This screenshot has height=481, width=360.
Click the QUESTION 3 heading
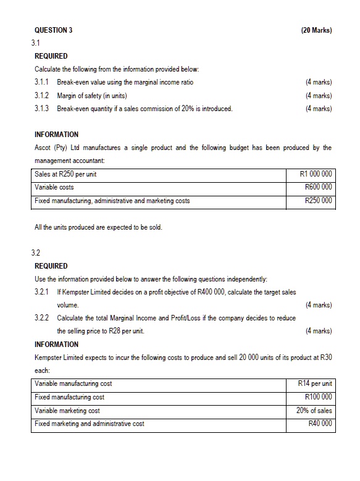click(54, 30)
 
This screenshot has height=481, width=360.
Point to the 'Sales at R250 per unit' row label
click(65, 174)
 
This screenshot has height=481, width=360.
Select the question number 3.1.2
click(43, 96)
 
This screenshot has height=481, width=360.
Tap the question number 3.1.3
click(43, 109)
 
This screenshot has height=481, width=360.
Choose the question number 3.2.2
click(43, 318)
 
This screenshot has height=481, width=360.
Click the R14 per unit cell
click(315, 384)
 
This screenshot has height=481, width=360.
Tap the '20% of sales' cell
click(314, 410)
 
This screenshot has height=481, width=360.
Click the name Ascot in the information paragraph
click(44, 148)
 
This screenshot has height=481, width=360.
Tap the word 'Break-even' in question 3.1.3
click(72, 109)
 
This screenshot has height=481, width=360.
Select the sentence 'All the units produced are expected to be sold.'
click(99, 227)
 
